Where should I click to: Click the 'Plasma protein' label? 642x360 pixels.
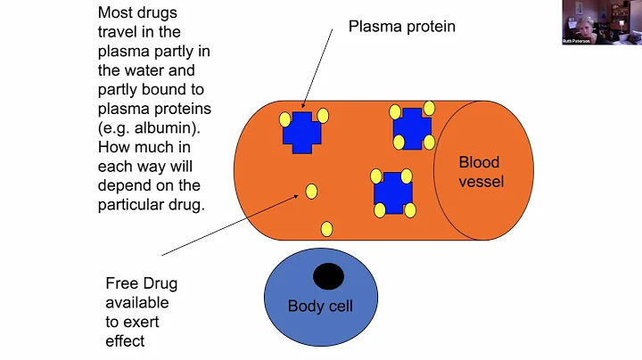[x=401, y=27]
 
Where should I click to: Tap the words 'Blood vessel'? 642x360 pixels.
[x=481, y=172]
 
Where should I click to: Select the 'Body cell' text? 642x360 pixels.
[x=320, y=307]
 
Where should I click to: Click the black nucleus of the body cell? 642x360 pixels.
[x=328, y=277]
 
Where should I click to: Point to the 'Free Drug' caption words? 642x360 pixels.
[x=142, y=284]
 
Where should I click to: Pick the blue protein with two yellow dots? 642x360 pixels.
[x=301, y=132]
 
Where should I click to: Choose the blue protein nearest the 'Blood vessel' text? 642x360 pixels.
[x=412, y=127]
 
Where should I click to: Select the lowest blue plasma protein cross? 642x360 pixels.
[x=392, y=192]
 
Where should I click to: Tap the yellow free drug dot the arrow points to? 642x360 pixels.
[x=311, y=191]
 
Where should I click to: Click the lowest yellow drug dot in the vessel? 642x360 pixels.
[x=326, y=229]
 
